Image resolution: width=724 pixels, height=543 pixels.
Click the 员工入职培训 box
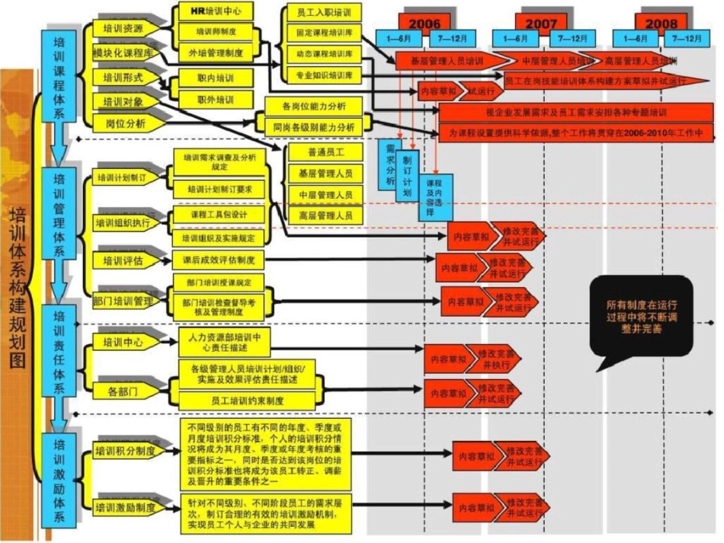coord(323,13)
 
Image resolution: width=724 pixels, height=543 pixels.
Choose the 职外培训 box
coord(216,100)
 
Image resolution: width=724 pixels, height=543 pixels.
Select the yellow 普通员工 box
coord(325,153)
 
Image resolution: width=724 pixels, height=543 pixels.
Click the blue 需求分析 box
coord(390,163)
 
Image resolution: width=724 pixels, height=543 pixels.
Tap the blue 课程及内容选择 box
coord(434,197)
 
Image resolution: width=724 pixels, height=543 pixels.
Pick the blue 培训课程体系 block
coord(59,76)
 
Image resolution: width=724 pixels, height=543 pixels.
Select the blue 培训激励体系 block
coord(59,480)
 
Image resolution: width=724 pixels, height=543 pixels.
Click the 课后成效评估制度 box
coord(219,260)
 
